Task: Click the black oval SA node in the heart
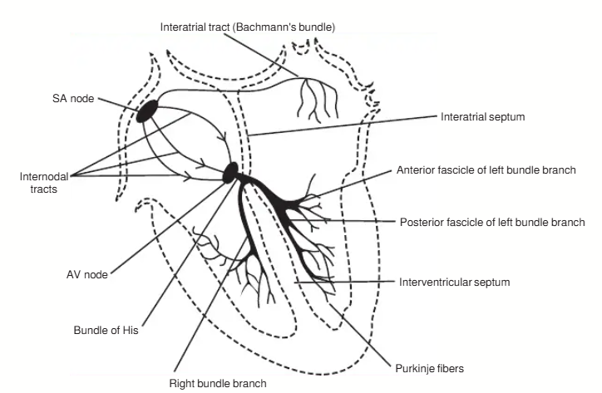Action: click(x=148, y=110)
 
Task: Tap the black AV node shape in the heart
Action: click(x=230, y=172)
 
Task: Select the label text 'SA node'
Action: click(x=69, y=98)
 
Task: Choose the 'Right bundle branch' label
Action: click(x=218, y=384)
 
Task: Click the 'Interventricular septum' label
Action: click(x=455, y=282)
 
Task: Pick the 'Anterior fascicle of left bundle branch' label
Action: click(x=486, y=170)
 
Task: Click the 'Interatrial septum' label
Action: click(x=482, y=118)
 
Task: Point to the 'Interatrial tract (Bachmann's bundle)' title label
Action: click(x=248, y=27)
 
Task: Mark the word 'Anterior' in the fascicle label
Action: click(x=415, y=170)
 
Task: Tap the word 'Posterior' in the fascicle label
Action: click(x=421, y=223)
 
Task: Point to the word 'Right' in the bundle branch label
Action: click(x=182, y=384)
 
